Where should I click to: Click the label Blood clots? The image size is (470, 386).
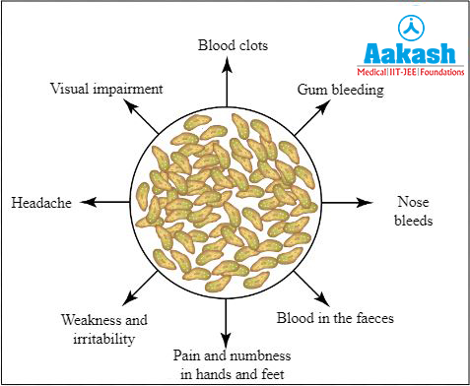(x=233, y=44)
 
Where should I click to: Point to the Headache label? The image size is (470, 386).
(x=41, y=202)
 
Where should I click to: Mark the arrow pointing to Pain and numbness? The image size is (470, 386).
(x=228, y=320)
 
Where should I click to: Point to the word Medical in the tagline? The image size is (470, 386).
(x=374, y=72)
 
